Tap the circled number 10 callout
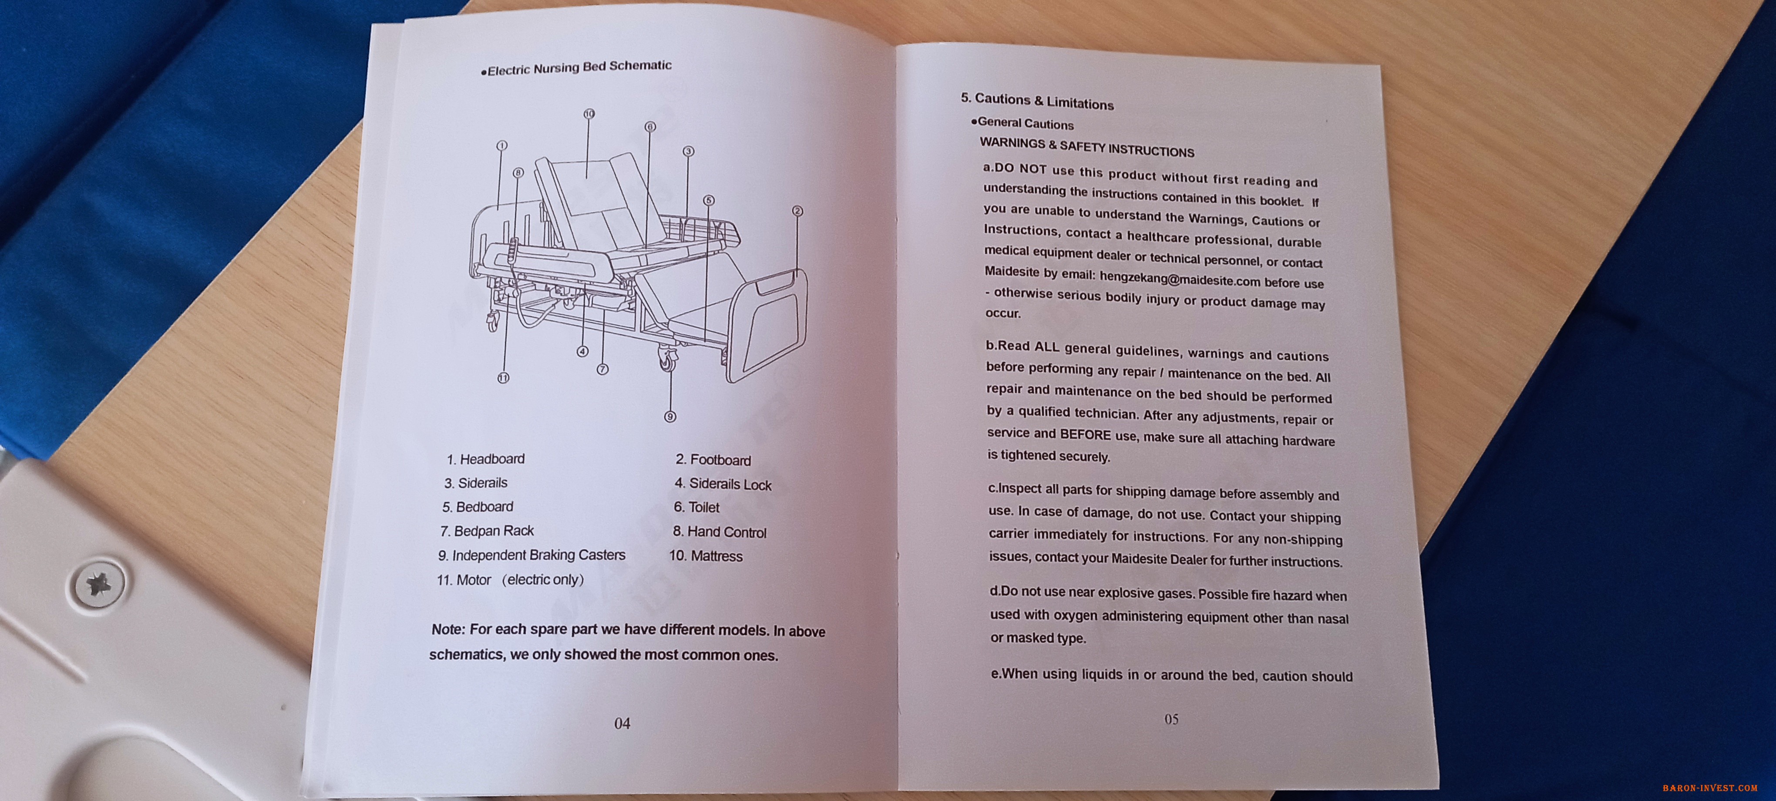(x=589, y=114)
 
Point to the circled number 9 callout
(x=669, y=416)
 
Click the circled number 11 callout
(x=503, y=378)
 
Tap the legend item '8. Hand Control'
(x=720, y=532)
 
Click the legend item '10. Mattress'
(x=706, y=556)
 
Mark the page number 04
(x=622, y=723)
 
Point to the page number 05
(x=1171, y=719)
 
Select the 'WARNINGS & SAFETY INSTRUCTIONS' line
(x=1086, y=147)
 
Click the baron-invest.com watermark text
(x=1710, y=787)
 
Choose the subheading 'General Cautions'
(x=1025, y=123)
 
